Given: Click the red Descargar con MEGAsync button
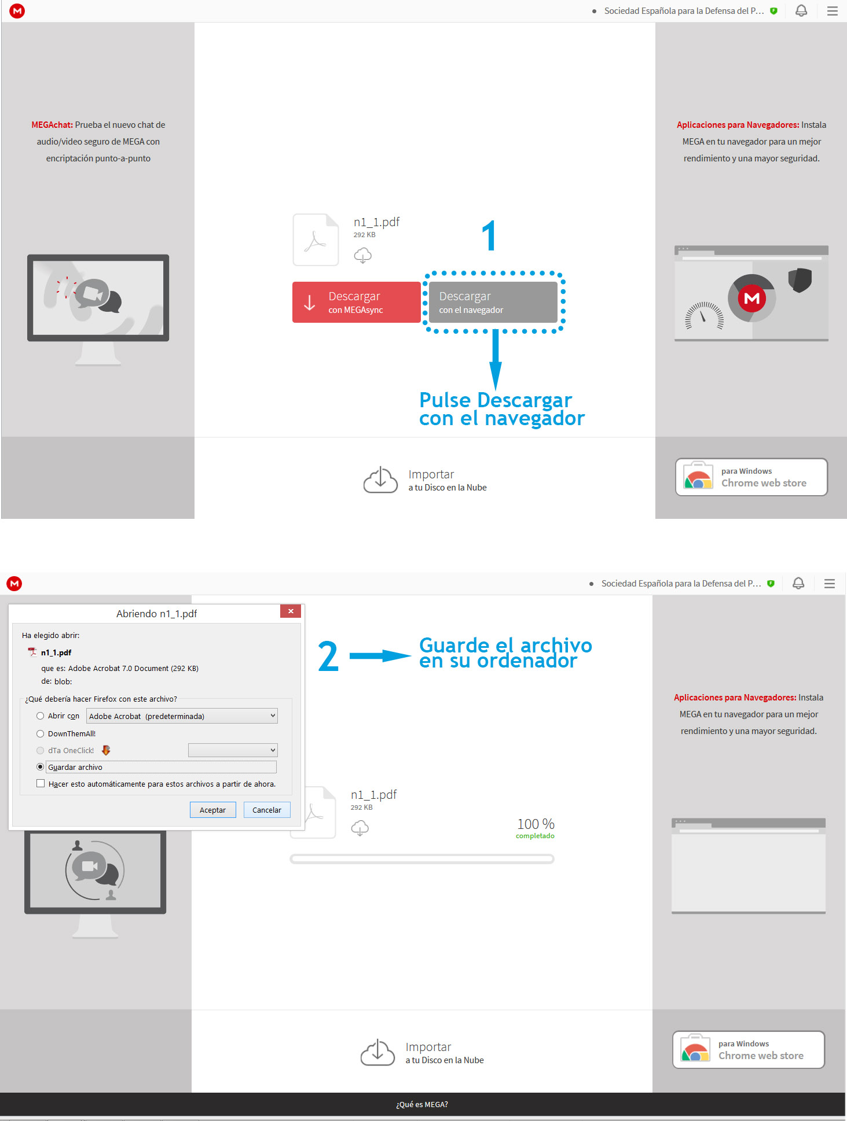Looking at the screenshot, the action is point(356,302).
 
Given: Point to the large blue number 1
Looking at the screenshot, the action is point(490,235).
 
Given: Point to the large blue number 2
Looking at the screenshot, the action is point(328,657).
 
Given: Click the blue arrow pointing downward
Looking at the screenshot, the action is point(496,359).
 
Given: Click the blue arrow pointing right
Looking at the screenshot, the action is point(380,655).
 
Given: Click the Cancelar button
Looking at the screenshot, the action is point(267,810).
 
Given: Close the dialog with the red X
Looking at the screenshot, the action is point(291,611).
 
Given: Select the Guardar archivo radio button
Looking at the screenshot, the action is point(40,767).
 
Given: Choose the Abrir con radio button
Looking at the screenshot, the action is point(40,716).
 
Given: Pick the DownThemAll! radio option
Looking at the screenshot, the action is point(40,733).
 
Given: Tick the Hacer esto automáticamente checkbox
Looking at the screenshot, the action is point(41,784).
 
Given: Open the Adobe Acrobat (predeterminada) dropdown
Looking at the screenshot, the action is point(182,716).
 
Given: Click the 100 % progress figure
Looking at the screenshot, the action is point(536,824).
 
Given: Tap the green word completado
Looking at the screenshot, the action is point(535,836).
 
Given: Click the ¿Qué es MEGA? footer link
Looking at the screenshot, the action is point(422,1104).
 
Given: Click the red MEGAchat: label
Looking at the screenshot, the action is point(52,125).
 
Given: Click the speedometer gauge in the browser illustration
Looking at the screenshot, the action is point(704,316).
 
